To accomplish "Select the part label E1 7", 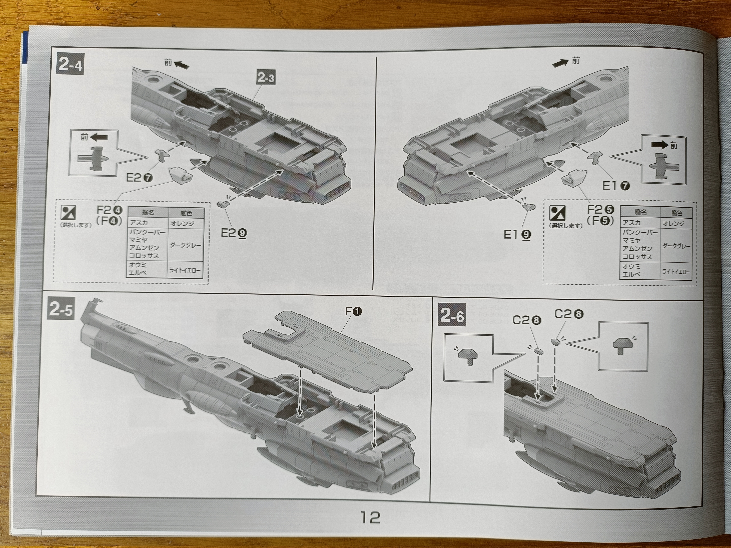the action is pyautogui.click(x=616, y=186).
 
